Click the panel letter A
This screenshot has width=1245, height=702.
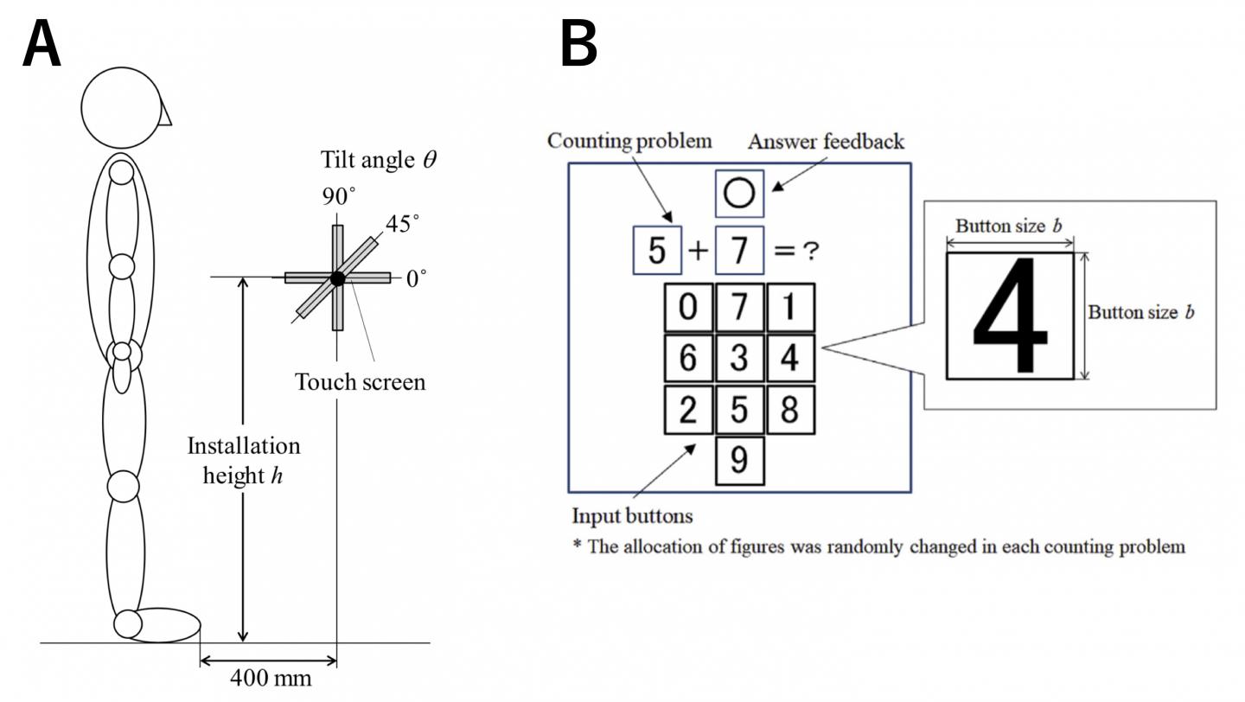tap(42, 45)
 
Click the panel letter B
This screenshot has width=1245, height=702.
tap(578, 45)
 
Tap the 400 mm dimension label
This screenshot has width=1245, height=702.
tap(271, 679)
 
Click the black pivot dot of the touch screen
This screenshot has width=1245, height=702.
tap(337, 278)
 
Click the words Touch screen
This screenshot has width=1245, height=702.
tap(361, 382)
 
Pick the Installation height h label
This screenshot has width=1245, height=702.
tap(244, 460)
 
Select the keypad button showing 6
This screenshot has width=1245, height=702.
tap(688, 358)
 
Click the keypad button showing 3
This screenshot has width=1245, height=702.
tap(739, 358)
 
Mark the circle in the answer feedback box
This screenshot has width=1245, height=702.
tap(739, 194)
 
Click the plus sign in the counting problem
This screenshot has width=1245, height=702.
tap(699, 251)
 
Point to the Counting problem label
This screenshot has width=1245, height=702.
tap(629, 141)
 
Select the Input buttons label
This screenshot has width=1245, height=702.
tap(632, 516)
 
